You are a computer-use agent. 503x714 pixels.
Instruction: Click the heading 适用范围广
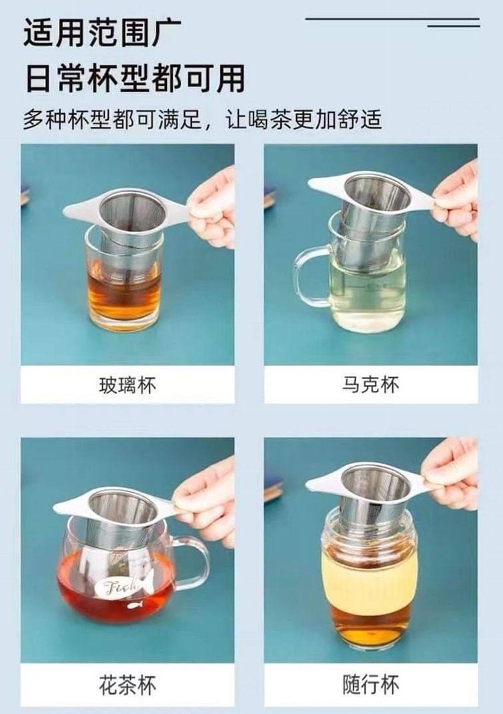(x=103, y=32)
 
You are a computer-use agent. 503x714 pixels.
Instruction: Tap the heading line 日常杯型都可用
(x=135, y=78)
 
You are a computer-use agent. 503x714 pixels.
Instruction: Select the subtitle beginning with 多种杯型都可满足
(x=203, y=119)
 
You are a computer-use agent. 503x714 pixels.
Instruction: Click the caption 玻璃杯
(x=127, y=385)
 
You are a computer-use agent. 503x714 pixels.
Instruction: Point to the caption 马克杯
(x=370, y=385)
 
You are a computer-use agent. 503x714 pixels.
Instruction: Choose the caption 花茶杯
(x=127, y=685)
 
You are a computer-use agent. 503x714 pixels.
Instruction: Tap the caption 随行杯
(x=370, y=685)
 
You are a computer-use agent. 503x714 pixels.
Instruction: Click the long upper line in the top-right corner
(x=392, y=19)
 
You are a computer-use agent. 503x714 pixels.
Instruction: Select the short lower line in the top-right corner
(x=453, y=26)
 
